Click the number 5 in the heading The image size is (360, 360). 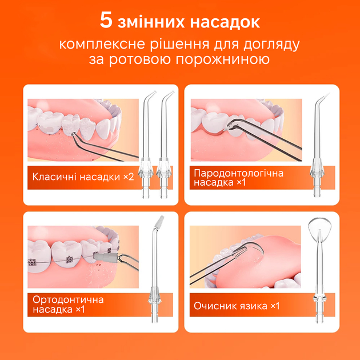106,21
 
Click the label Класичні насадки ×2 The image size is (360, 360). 82,177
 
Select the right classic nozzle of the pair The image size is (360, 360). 166,143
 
